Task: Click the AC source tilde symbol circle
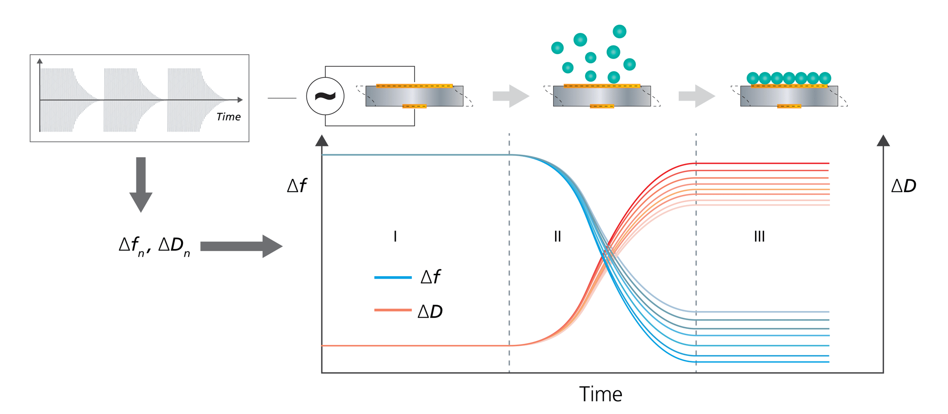325,96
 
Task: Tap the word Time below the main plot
601,394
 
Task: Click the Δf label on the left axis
297,186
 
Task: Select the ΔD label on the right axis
903,186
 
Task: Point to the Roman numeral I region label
395,236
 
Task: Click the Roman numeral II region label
557,236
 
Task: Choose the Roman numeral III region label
759,236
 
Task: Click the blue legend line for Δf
392,278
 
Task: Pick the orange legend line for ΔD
392,310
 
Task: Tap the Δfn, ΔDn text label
154,246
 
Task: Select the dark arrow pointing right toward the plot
241,246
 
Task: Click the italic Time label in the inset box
228,117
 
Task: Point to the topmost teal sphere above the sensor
619,31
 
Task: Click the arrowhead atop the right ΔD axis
883,141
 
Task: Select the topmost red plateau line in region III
765,163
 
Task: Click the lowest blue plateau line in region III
765,362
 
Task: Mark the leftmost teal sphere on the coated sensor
752,78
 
